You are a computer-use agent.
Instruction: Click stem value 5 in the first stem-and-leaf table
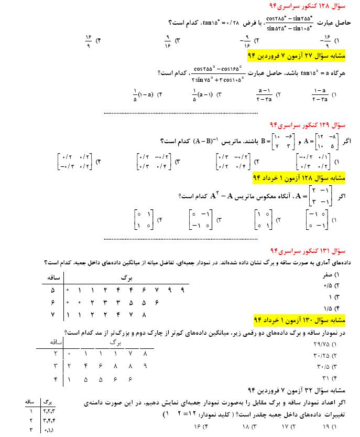click(52, 290)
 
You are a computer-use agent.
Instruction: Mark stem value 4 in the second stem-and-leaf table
click(54, 377)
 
